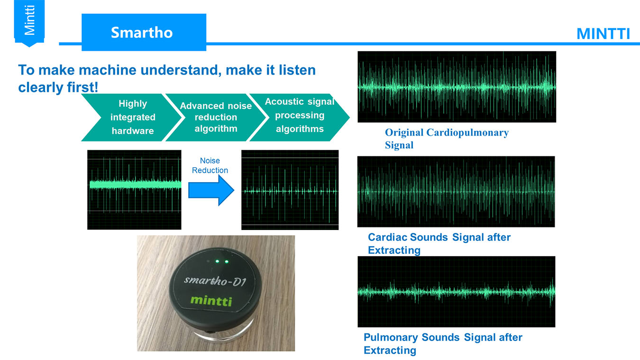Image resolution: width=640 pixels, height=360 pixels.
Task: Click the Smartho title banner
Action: pos(144,32)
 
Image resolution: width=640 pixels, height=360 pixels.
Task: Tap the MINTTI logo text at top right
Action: pos(603,34)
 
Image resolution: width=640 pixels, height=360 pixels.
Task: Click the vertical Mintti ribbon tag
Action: pos(29,23)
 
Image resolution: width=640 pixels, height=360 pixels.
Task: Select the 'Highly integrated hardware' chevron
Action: pos(131,117)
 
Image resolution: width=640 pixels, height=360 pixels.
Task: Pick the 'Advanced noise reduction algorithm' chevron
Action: pos(216,117)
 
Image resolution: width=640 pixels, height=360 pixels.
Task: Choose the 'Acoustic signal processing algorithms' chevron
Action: pos(300,117)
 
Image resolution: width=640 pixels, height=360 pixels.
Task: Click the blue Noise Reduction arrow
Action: pos(211,190)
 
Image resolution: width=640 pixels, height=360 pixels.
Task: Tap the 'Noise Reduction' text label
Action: pos(210,165)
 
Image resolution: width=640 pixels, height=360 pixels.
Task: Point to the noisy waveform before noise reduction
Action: pos(134,190)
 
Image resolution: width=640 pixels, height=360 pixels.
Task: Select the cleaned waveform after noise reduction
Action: pos(290,190)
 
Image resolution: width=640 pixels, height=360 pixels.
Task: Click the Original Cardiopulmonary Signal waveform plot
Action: pos(457,87)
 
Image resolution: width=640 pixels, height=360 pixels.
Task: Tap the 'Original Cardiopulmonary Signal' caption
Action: pos(447,138)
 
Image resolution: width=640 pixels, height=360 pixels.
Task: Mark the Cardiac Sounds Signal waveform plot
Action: pos(456,192)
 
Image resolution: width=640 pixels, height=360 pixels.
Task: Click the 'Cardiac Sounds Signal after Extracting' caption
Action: pos(439,244)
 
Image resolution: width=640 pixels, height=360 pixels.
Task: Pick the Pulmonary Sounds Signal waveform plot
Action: pos(456,292)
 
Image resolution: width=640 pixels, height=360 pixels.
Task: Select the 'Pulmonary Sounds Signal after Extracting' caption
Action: pos(443,344)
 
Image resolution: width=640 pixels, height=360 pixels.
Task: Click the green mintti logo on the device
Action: pos(211,301)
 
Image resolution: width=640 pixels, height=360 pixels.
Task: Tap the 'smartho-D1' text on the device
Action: pos(215,281)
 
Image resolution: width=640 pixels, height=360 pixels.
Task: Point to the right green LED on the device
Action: pos(227,262)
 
